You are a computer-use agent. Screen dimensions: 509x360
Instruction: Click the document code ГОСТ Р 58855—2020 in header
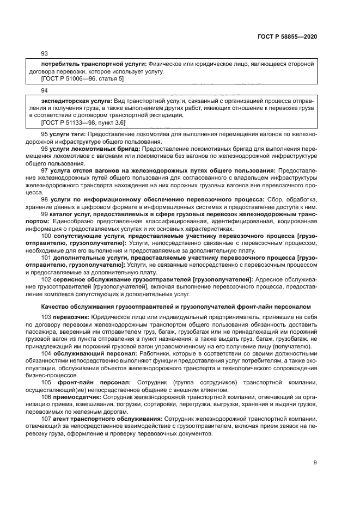(x=286, y=36)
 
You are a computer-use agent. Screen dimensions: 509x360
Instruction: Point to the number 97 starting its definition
(x=45, y=170)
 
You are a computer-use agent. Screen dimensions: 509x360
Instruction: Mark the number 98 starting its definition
(x=45, y=200)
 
